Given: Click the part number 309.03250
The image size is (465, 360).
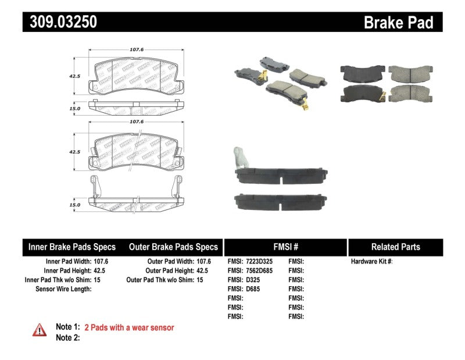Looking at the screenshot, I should [x=60, y=22].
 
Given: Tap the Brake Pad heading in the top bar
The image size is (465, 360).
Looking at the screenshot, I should [x=398, y=22].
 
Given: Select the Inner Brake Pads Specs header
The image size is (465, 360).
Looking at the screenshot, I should [x=72, y=247].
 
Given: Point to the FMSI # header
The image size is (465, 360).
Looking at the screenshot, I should [x=285, y=247].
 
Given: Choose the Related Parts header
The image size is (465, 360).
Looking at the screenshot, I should [x=395, y=247].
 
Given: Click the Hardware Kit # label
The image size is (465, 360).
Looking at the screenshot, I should [x=371, y=262].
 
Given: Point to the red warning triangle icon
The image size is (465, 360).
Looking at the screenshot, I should [x=40, y=329].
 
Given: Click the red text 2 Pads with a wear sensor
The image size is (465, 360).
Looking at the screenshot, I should [x=129, y=328].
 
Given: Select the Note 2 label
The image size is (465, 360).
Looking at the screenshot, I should [x=67, y=337].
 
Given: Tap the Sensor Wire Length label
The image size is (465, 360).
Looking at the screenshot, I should [x=63, y=289].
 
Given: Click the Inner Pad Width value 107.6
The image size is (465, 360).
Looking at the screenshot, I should [x=101, y=262].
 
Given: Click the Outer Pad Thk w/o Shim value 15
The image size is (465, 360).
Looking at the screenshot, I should [x=200, y=280].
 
